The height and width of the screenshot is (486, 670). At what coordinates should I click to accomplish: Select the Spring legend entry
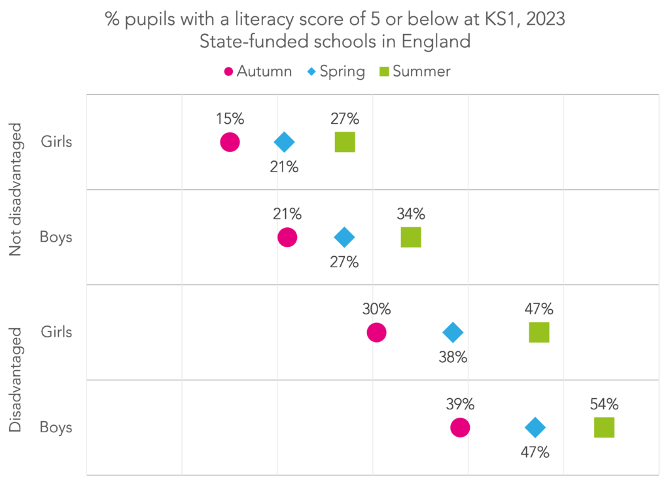click(336, 71)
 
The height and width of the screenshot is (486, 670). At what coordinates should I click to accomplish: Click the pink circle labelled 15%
click(230, 142)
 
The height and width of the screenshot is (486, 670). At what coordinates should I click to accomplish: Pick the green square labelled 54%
click(604, 428)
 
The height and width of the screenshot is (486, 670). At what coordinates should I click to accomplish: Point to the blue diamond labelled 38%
click(453, 333)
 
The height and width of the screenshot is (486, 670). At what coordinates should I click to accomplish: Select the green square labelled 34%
click(411, 237)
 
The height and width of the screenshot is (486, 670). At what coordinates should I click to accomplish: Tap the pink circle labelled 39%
click(460, 428)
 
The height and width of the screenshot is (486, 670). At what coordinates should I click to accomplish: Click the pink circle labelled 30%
click(376, 333)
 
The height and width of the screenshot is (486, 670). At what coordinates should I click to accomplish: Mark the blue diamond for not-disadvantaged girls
click(284, 142)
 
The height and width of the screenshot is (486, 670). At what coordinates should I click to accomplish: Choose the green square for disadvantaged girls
click(538, 333)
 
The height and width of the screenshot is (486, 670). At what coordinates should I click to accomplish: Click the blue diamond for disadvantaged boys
click(535, 428)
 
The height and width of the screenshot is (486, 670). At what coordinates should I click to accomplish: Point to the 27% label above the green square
click(345, 119)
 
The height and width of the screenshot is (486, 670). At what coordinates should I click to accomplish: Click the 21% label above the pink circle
click(287, 214)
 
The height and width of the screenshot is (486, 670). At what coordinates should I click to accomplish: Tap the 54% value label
click(604, 404)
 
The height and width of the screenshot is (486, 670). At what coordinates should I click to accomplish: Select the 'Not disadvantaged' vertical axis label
click(16, 189)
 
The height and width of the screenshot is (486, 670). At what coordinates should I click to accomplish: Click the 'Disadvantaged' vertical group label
click(16, 379)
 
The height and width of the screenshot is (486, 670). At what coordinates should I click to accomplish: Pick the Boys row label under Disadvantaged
click(56, 428)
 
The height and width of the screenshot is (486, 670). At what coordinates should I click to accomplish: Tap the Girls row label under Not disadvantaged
click(56, 142)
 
